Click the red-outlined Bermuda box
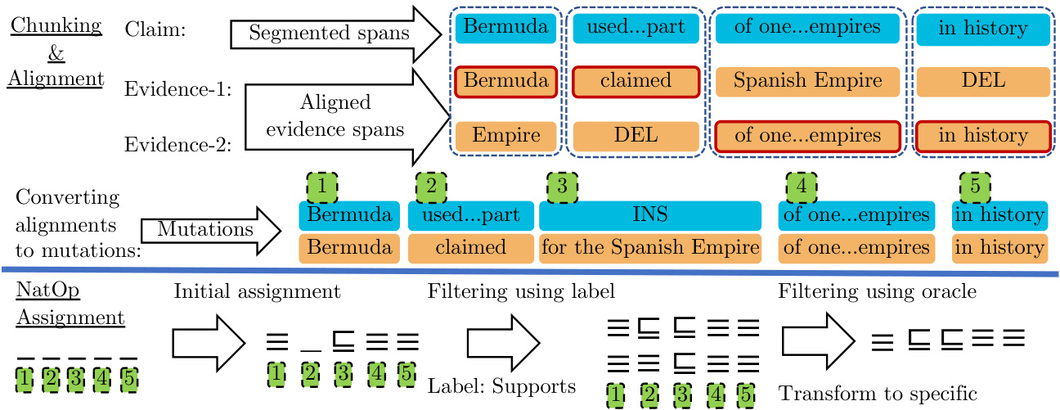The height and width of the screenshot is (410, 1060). click(505, 81)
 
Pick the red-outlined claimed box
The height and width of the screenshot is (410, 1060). click(636, 81)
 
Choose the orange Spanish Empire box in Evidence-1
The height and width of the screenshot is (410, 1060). click(807, 81)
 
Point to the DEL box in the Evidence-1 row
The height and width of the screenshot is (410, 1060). click(982, 81)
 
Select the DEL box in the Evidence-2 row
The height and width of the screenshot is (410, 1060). click(636, 135)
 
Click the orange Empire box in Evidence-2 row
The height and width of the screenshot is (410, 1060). click(505, 135)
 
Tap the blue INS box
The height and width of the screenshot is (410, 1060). click(650, 215)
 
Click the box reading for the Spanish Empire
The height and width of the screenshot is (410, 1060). click(650, 247)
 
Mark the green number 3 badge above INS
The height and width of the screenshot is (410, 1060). click(562, 187)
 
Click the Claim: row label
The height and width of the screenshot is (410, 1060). click(155, 29)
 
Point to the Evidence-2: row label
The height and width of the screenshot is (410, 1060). click(178, 145)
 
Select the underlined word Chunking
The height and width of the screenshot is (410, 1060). click(56, 25)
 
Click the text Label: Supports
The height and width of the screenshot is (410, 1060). click(501, 385)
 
